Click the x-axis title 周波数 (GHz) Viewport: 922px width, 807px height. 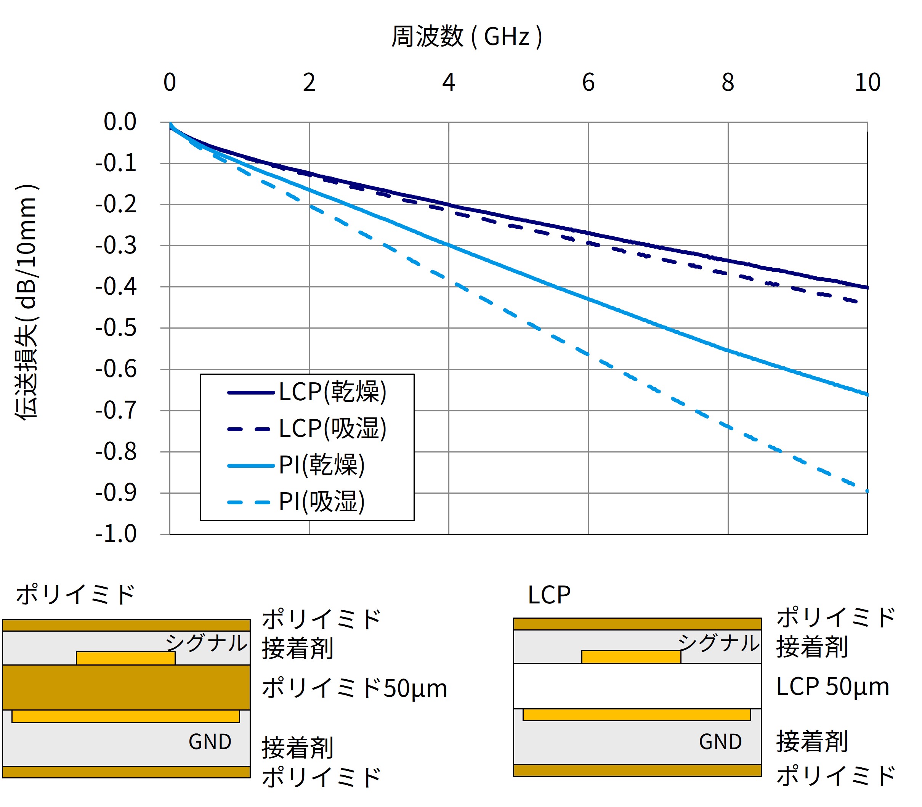(x=467, y=37)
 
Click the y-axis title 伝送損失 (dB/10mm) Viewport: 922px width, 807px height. (x=27, y=302)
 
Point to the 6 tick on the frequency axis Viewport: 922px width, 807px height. (x=588, y=82)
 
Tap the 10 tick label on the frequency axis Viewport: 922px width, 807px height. (x=867, y=82)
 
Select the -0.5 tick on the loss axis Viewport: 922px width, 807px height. (x=116, y=328)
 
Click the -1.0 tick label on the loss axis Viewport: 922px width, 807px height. (x=116, y=534)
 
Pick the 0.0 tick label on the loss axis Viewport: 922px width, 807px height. (x=120, y=122)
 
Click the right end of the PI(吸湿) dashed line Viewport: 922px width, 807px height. (x=867, y=491)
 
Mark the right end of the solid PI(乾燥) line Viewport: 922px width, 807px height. (x=867, y=395)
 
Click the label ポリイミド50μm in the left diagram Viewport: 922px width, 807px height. (x=354, y=688)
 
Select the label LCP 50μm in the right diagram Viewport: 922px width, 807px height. (x=832, y=687)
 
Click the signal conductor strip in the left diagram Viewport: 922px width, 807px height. (x=126, y=658)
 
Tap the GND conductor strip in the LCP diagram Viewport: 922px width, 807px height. (x=637, y=715)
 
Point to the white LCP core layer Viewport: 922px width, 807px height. (x=637, y=686)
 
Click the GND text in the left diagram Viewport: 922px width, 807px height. (x=210, y=742)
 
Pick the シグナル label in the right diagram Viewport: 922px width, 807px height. (x=718, y=643)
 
